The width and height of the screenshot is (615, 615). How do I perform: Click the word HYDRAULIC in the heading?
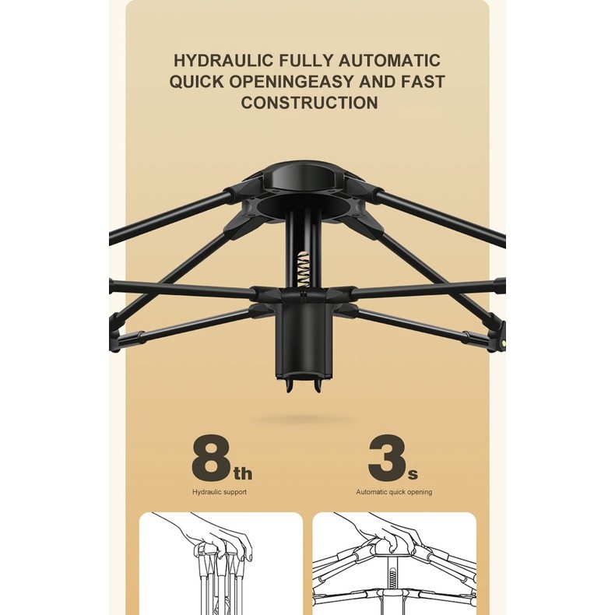tap(223, 61)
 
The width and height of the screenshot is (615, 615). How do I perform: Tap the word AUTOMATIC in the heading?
tap(389, 61)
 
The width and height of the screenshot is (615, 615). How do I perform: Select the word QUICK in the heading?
tap(196, 82)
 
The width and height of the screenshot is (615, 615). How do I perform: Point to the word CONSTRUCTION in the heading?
tap(310, 102)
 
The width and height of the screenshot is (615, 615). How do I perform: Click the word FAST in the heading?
tap(423, 82)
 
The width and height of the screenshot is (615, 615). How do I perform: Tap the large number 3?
tap(386, 457)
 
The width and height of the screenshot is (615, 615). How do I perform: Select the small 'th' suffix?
tap(243, 473)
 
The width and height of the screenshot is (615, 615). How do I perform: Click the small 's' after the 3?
tap(413, 475)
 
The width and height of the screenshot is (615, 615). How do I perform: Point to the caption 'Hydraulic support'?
tap(220, 492)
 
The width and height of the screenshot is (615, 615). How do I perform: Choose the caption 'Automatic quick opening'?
tap(394, 492)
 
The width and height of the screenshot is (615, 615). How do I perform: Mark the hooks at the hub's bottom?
tap(304, 385)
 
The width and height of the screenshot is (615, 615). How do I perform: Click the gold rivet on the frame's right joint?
tap(502, 343)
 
